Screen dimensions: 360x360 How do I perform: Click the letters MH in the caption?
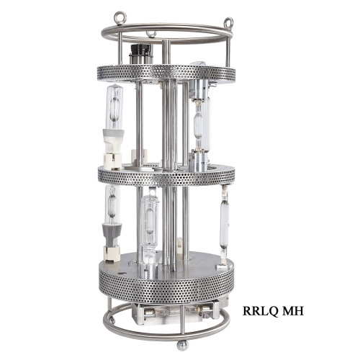click(x=293, y=311)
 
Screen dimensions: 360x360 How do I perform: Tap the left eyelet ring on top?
click(x=120, y=18)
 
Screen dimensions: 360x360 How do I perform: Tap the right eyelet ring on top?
click(x=228, y=23)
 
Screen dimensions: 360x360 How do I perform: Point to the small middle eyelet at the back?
click(x=151, y=34)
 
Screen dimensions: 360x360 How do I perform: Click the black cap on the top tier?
click(x=141, y=50)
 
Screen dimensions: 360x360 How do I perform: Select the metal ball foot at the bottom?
click(x=182, y=346)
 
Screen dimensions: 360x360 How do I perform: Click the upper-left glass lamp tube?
click(x=114, y=107)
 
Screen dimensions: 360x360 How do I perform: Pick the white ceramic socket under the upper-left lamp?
click(x=114, y=149)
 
